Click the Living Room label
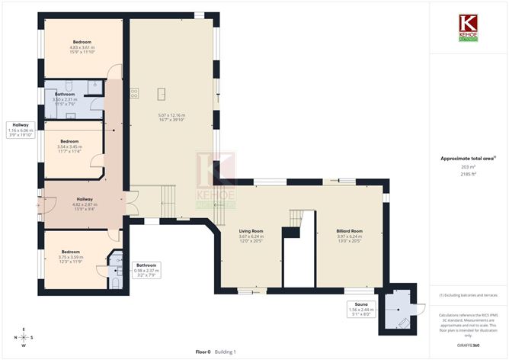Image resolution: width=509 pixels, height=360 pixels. click(251, 230)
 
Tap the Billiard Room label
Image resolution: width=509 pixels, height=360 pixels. click(349, 230)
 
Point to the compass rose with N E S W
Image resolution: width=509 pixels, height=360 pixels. click(24, 337)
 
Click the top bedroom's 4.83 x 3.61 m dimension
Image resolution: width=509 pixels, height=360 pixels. click(83, 48)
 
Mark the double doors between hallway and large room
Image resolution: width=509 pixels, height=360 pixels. click(130, 202)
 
